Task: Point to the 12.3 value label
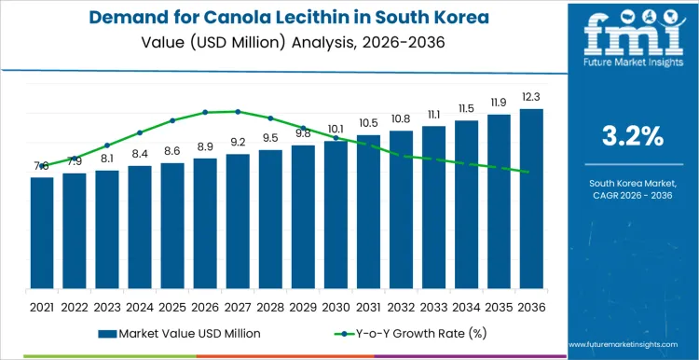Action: coord(531,98)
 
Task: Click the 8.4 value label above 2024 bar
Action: coord(140,154)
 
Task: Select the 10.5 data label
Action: coord(368,123)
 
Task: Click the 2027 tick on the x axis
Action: coord(238,306)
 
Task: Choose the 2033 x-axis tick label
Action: coord(433,306)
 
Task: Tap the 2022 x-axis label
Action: coord(75,306)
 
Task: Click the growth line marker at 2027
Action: coord(238,111)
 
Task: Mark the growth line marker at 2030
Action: coord(336,138)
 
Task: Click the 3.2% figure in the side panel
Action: coord(633,137)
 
